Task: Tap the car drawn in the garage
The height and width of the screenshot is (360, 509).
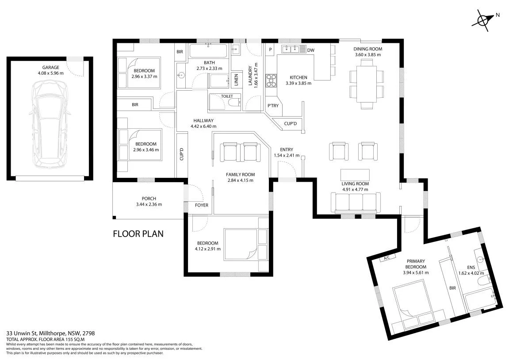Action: tap(50, 124)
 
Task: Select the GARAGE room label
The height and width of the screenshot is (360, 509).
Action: tap(51, 68)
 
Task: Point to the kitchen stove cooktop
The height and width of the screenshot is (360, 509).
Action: tap(271, 80)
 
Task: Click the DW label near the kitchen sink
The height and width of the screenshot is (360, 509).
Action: tap(310, 50)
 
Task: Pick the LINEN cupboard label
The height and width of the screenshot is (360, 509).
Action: tap(236, 80)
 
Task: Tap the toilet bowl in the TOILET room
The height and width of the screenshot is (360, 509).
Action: tap(234, 103)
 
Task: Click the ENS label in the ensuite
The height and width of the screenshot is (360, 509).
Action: tap(471, 268)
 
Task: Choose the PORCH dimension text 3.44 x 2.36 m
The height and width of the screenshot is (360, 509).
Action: tap(149, 204)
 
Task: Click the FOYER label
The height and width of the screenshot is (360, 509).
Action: tap(202, 205)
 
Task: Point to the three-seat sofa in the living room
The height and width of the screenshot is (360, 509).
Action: tap(356, 203)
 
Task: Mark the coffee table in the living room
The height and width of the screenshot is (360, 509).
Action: tap(355, 175)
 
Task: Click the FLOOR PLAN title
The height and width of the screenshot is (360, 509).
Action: tap(138, 234)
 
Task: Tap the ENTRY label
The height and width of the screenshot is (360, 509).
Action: tap(286, 149)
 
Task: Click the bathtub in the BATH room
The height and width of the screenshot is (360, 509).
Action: tap(208, 51)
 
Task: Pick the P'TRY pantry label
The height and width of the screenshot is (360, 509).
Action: tap(273, 106)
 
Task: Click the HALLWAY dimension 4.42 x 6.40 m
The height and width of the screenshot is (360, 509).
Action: tap(203, 126)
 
